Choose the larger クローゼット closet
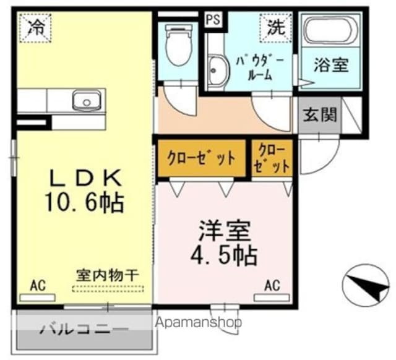[x=202, y=158]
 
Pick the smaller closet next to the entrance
[x=272, y=158]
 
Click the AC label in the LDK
[x=38, y=286]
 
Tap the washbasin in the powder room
[x=216, y=71]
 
